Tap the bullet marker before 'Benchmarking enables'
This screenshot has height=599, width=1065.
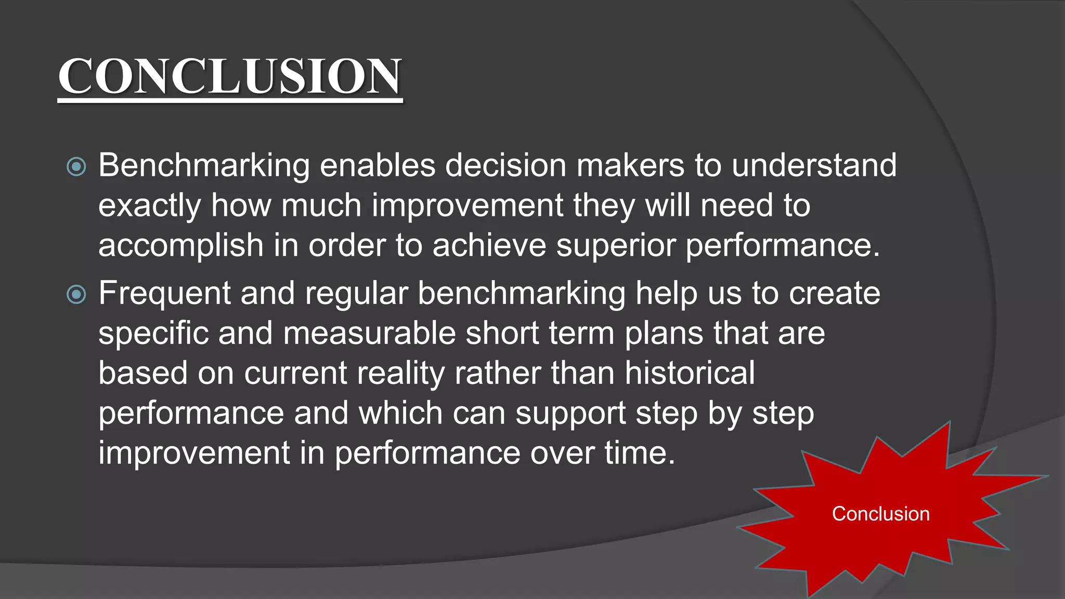click(x=76, y=167)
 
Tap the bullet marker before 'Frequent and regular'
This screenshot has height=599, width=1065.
click(x=76, y=295)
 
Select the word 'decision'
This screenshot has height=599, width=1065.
click(x=505, y=165)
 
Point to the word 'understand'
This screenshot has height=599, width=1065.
click(x=814, y=165)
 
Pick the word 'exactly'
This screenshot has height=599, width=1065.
click(x=149, y=206)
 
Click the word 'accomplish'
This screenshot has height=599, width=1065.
click(x=180, y=245)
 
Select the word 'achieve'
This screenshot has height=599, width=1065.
click(x=489, y=245)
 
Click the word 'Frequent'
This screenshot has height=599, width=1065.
click(x=164, y=293)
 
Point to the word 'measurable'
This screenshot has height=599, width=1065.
click(x=369, y=333)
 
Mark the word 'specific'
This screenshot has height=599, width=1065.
click(x=153, y=333)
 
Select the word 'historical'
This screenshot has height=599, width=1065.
click(x=690, y=373)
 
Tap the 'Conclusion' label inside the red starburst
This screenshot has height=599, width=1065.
click(x=880, y=514)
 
